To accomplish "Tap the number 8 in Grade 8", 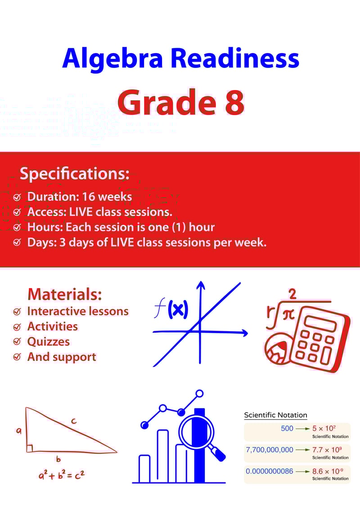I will point(233,102).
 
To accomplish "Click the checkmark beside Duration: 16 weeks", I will point(17,197).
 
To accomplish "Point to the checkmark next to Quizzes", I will point(17,342).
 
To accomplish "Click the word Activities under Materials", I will point(52,326).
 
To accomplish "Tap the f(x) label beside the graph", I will point(171,309).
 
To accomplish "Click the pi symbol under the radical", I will point(288,314).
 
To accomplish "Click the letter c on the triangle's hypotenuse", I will point(73,421).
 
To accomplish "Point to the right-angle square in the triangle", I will point(29,448).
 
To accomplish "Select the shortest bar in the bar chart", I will point(144,468).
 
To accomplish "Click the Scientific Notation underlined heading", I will point(275,415).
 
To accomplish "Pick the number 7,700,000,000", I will point(270,450).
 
